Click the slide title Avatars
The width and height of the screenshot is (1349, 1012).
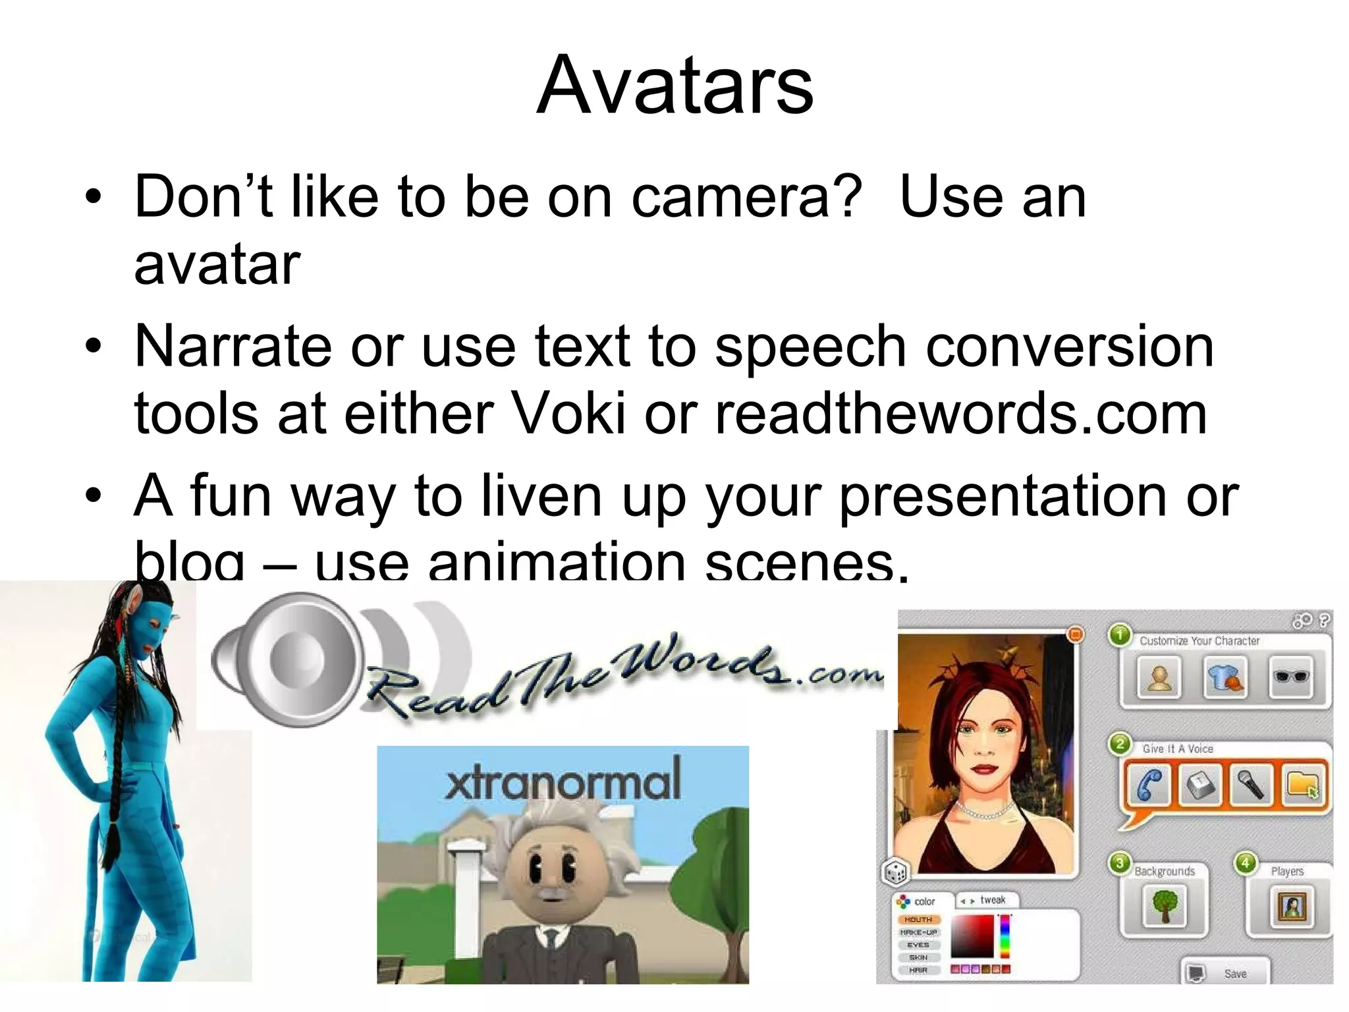[x=674, y=86]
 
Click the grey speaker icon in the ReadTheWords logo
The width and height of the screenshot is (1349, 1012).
[x=290, y=659]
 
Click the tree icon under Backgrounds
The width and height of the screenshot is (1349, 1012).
[x=1165, y=907]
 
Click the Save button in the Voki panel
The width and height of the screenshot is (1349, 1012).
[x=1225, y=973]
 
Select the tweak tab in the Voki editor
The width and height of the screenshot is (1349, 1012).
[x=988, y=900]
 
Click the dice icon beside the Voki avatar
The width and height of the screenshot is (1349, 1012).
[x=895, y=873]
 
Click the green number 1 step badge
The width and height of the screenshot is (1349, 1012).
[x=1120, y=635]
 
